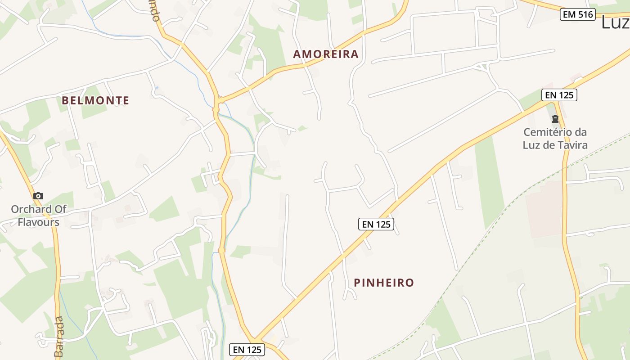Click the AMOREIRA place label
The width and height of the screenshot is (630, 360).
click(326, 54)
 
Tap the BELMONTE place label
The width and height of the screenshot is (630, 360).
click(95, 100)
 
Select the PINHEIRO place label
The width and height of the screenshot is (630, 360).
click(383, 283)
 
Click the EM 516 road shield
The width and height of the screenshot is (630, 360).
click(578, 14)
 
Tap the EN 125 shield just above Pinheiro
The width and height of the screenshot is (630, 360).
click(376, 224)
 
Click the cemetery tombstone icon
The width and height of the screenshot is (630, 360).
click(555, 119)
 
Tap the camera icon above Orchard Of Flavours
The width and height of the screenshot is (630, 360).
click(38, 196)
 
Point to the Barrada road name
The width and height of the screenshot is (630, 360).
click(59, 337)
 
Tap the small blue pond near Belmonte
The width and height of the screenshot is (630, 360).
click(156, 87)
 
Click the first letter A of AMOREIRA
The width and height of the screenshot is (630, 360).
click(297, 54)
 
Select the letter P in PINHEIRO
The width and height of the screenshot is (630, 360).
click(358, 283)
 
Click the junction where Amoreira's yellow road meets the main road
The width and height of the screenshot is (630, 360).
click(220, 99)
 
